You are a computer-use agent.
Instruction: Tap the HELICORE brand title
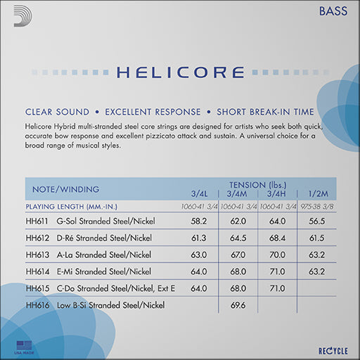(x=179, y=72)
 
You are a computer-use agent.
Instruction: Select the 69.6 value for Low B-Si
(x=238, y=304)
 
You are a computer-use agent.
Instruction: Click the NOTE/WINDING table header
(x=62, y=189)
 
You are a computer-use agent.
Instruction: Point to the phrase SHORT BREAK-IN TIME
(x=265, y=112)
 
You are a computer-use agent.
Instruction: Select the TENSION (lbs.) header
(x=257, y=184)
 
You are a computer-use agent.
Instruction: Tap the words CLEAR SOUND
(x=57, y=112)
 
